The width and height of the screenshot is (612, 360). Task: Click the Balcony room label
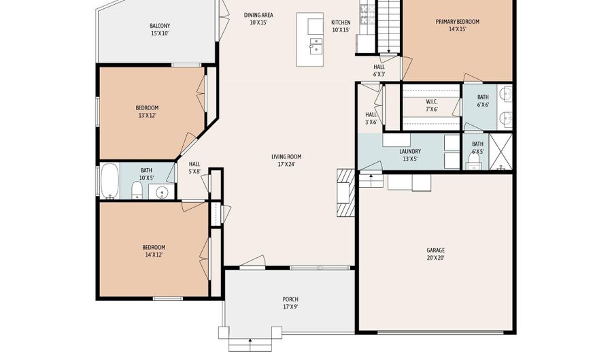coord(160,30)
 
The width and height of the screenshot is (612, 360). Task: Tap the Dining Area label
coord(258,19)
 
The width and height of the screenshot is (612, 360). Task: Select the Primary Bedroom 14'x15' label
coord(458,25)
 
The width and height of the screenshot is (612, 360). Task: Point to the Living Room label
coord(286,161)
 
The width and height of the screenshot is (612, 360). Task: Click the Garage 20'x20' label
coord(436,254)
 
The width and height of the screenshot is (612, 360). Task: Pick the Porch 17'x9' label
coord(290,303)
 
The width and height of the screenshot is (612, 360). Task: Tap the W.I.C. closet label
coord(432,105)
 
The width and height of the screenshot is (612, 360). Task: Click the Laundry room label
coord(410,155)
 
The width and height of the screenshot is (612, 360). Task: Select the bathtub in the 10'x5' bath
coord(109,181)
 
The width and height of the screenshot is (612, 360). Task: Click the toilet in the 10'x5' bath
coord(137,191)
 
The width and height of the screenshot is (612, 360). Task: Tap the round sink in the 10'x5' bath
coord(162,192)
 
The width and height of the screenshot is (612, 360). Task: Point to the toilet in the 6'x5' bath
coord(474,161)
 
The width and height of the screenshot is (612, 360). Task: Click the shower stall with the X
coord(500,152)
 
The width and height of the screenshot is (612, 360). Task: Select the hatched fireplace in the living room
coord(346,193)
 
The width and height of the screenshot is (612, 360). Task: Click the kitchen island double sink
coord(316,46)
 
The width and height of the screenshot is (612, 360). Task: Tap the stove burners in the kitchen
coord(364,14)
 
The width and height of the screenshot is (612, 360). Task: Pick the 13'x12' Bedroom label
coord(147,112)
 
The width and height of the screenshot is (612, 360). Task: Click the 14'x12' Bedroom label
coord(154,251)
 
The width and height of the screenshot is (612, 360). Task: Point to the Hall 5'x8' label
coord(194,168)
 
